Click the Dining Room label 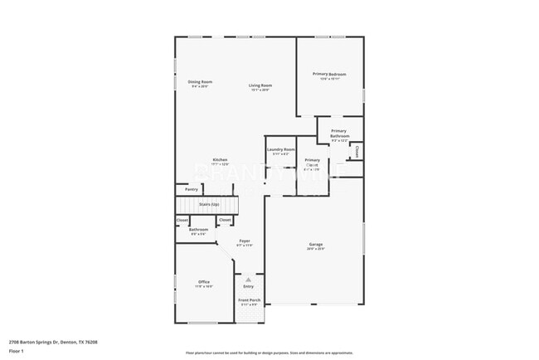point(200,81)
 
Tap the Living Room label point(261,85)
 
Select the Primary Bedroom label point(329,74)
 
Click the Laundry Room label point(280,149)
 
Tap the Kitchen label point(220,159)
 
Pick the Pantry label point(191,189)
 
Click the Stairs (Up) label point(208,203)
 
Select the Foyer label point(245,241)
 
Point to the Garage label point(316,244)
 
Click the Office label point(204,282)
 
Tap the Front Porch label point(249,300)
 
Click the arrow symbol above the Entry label point(248,280)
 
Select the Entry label point(248,287)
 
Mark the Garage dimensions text point(316,249)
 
